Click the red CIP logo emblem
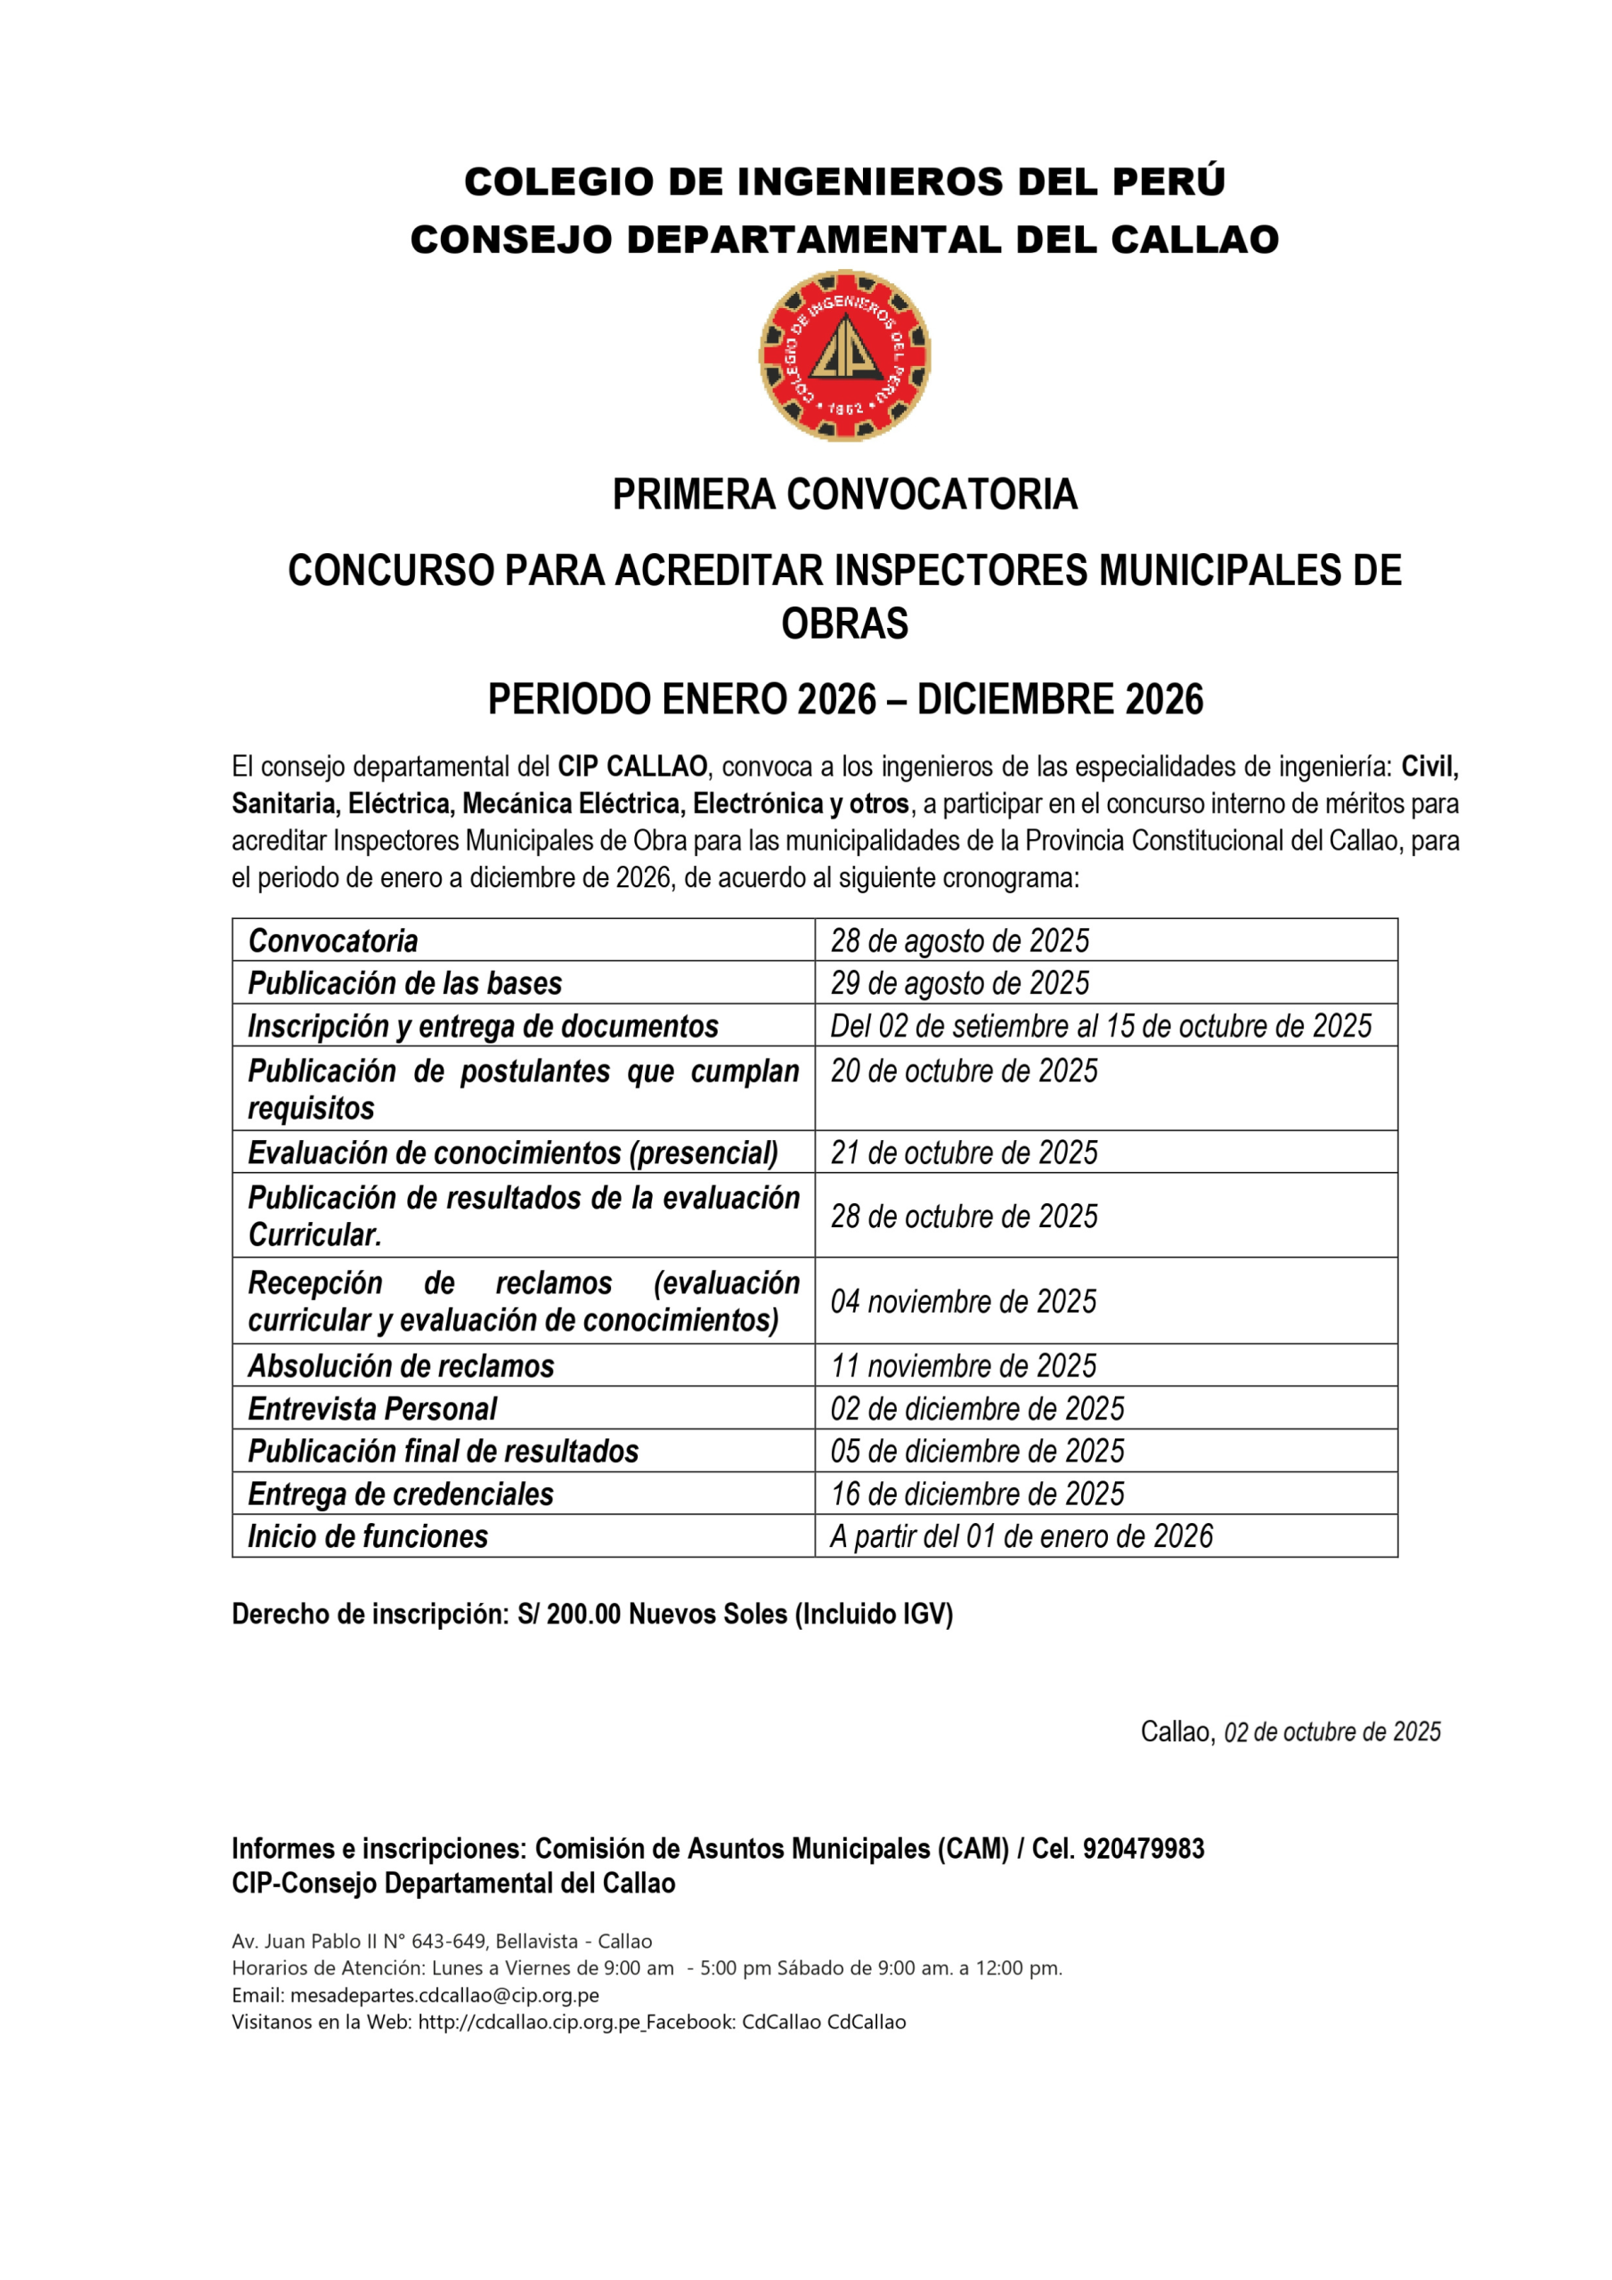click(x=844, y=355)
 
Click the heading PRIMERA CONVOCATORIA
click(x=844, y=494)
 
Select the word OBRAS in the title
click(x=844, y=623)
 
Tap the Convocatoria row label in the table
click(x=333, y=940)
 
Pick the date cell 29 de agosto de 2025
click(x=959, y=983)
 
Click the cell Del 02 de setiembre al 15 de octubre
click(x=1101, y=1026)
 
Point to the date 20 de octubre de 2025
click(x=964, y=1071)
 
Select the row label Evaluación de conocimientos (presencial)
click(x=512, y=1152)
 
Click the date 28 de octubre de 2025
click(x=964, y=1217)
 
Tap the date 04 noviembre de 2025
click(x=963, y=1302)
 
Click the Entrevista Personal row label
click(x=371, y=1409)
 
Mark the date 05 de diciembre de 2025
click(x=977, y=1452)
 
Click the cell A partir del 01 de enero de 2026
click(x=1021, y=1537)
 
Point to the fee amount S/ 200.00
click(x=569, y=1615)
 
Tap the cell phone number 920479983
click(x=1144, y=1849)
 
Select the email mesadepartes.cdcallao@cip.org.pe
click(x=444, y=1996)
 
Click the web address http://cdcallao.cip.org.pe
click(x=528, y=2023)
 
